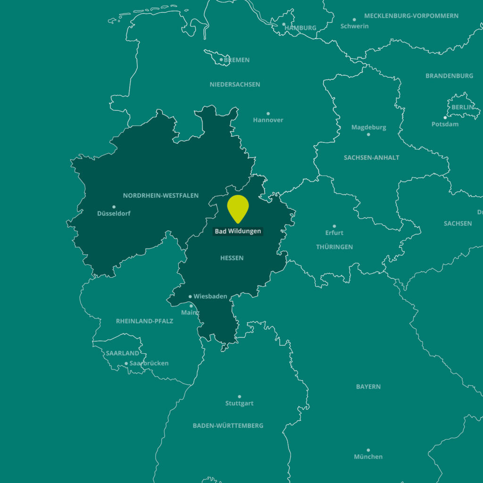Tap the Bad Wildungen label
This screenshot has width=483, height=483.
[238, 231]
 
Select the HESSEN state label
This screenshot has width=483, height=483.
[232, 258]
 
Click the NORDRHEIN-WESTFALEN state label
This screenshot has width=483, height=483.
[161, 195]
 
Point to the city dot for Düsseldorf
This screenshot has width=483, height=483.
[114, 207]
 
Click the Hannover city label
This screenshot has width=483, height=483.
[268, 120]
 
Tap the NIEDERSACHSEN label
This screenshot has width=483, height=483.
[235, 84]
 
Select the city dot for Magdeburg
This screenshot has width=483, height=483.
[368, 134]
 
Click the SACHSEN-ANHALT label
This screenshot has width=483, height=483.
[372, 158]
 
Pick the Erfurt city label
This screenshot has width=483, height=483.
[334, 233]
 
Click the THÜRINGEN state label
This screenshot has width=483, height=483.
[334, 247]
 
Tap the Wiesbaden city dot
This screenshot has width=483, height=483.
[190, 297]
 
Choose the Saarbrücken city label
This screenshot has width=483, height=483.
[149, 363]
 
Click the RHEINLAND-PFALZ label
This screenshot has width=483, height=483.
[145, 321]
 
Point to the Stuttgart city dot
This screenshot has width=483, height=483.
[239, 397]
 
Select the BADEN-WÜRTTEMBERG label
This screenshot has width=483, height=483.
[228, 425]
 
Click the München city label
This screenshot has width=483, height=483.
[368, 457]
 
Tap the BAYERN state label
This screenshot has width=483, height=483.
[368, 387]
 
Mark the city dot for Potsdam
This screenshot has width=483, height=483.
[445, 117]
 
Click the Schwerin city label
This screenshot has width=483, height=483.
[355, 26]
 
